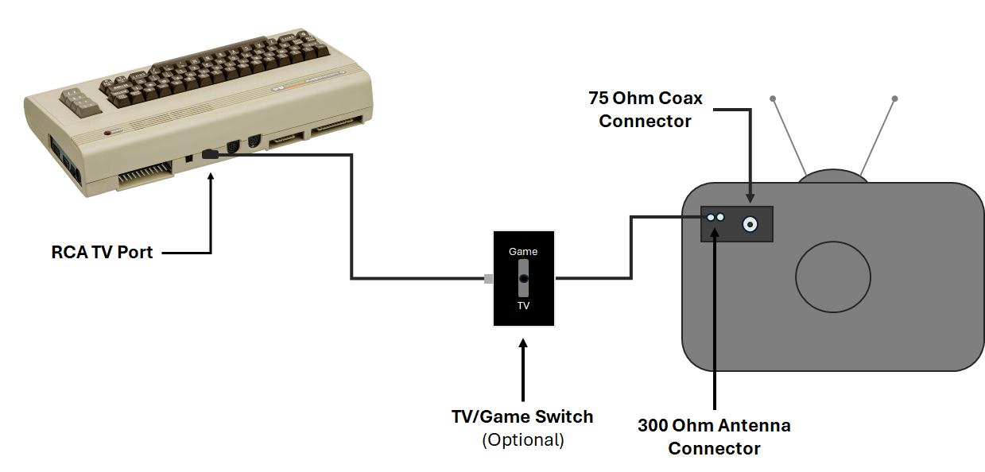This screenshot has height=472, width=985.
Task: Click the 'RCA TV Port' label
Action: pos(102,253)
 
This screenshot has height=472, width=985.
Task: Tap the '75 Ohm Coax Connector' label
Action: pos(646,110)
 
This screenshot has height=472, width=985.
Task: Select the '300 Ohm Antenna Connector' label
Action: pos(714,436)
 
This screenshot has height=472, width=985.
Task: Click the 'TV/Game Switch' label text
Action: pos(522,416)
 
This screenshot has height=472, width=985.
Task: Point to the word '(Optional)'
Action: pos(522,439)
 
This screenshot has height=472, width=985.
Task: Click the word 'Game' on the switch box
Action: pos(523,251)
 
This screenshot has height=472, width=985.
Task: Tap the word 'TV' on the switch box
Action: pos(523,305)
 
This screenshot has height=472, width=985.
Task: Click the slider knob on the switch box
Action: pos(523,279)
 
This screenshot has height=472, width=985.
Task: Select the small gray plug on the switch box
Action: pos(488,279)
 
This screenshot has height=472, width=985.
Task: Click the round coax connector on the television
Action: pos(749,225)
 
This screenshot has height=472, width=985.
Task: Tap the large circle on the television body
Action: pos(833,277)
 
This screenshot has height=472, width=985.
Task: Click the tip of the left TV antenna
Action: pos(773,99)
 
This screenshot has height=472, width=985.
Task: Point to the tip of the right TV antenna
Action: pos(894,99)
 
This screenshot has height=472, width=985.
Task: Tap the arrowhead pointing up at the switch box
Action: pos(523,344)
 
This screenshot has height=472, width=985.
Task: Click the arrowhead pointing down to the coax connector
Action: pos(749,198)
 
